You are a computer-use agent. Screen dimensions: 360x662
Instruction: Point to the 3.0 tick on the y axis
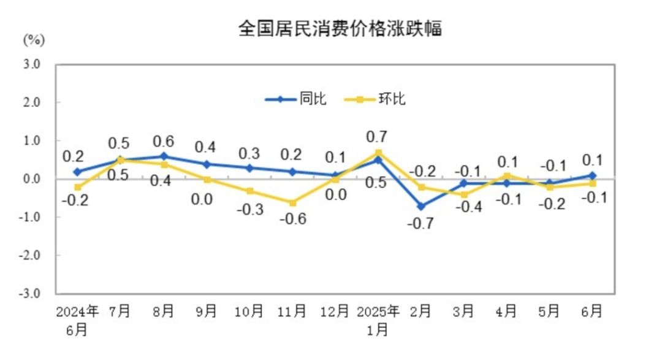(x=32, y=64)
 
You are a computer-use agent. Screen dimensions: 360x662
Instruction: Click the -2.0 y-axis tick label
(x=31, y=255)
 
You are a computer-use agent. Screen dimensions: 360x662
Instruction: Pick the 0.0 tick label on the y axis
(x=32, y=179)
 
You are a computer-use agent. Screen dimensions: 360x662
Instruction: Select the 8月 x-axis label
(x=164, y=312)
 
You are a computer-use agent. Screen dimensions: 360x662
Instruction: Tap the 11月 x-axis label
(x=292, y=312)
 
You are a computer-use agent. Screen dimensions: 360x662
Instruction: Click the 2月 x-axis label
(x=421, y=312)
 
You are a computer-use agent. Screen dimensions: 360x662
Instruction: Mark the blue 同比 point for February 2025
(x=422, y=206)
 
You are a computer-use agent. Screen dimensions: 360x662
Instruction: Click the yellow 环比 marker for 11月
(x=293, y=202)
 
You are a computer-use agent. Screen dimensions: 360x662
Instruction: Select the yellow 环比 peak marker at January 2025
(x=379, y=153)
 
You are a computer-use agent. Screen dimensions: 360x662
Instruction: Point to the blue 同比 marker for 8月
(x=164, y=156)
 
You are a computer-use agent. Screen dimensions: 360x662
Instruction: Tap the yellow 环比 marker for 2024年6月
(x=78, y=187)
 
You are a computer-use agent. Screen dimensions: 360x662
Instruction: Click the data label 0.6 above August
(x=164, y=140)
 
